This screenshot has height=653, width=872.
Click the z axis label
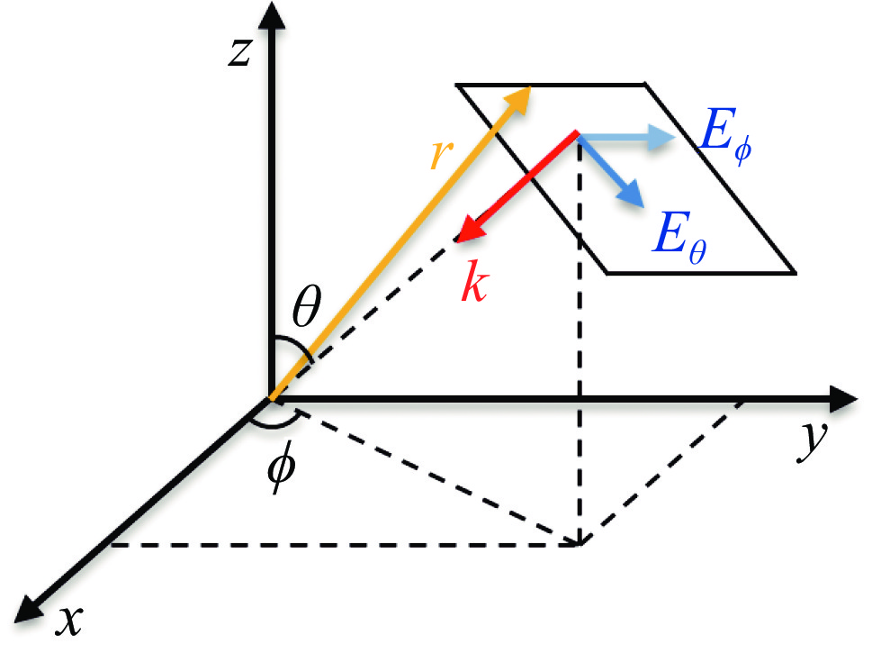(240, 53)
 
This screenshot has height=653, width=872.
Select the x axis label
(69, 620)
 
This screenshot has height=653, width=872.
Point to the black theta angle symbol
(307, 307)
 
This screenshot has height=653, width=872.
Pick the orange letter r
(442, 153)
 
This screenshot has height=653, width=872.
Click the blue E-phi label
(725, 136)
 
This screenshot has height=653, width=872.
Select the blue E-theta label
(679, 240)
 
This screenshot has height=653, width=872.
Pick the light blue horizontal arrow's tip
(675, 136)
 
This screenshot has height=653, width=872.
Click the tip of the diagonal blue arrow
(643, 207)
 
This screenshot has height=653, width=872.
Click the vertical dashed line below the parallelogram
(580, 340)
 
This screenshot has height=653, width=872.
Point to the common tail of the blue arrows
(577, 135)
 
